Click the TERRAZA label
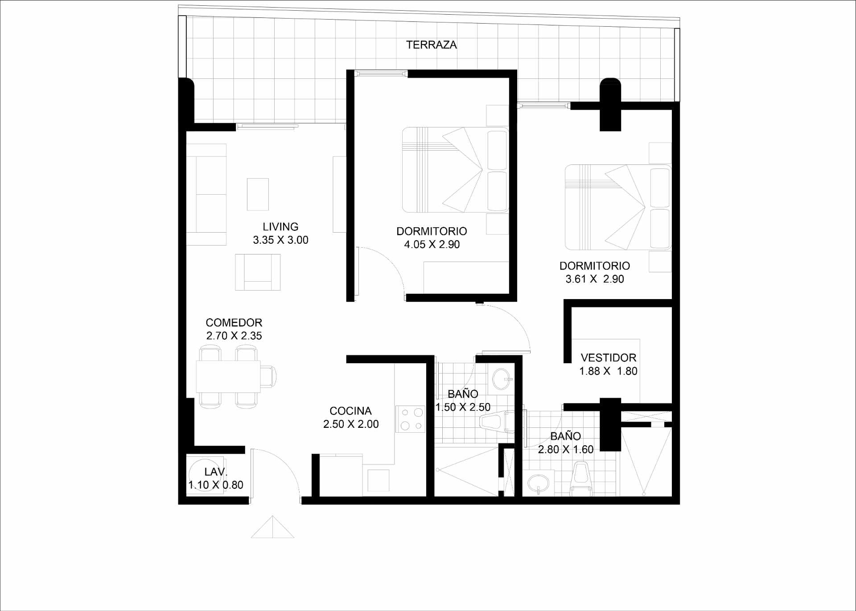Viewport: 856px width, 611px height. click(431, 45)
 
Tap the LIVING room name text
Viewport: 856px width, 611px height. click(280, 227)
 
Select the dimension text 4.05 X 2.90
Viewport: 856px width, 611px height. click(432, 244)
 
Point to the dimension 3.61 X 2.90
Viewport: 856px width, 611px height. click(595, 279)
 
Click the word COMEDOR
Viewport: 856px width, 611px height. click(234, 323)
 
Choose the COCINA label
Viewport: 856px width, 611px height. click(350, 411)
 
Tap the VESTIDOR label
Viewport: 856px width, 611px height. click(609, 358)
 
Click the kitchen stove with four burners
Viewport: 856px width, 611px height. click(411, 419)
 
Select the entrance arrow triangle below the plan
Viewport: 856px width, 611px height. click(272, 527)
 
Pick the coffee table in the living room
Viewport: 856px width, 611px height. click(258, 194)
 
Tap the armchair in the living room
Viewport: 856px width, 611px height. click(258, 272)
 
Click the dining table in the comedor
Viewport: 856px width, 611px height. click(228, 377)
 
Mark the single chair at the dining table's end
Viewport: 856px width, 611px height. click(268, 377)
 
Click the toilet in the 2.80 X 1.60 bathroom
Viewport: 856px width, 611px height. click(581, 479)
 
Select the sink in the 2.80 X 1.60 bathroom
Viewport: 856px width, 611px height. click(539, 483)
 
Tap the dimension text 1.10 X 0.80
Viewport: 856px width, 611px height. click(216, 485)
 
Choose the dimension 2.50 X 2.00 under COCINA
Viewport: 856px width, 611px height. click(351, 424)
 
